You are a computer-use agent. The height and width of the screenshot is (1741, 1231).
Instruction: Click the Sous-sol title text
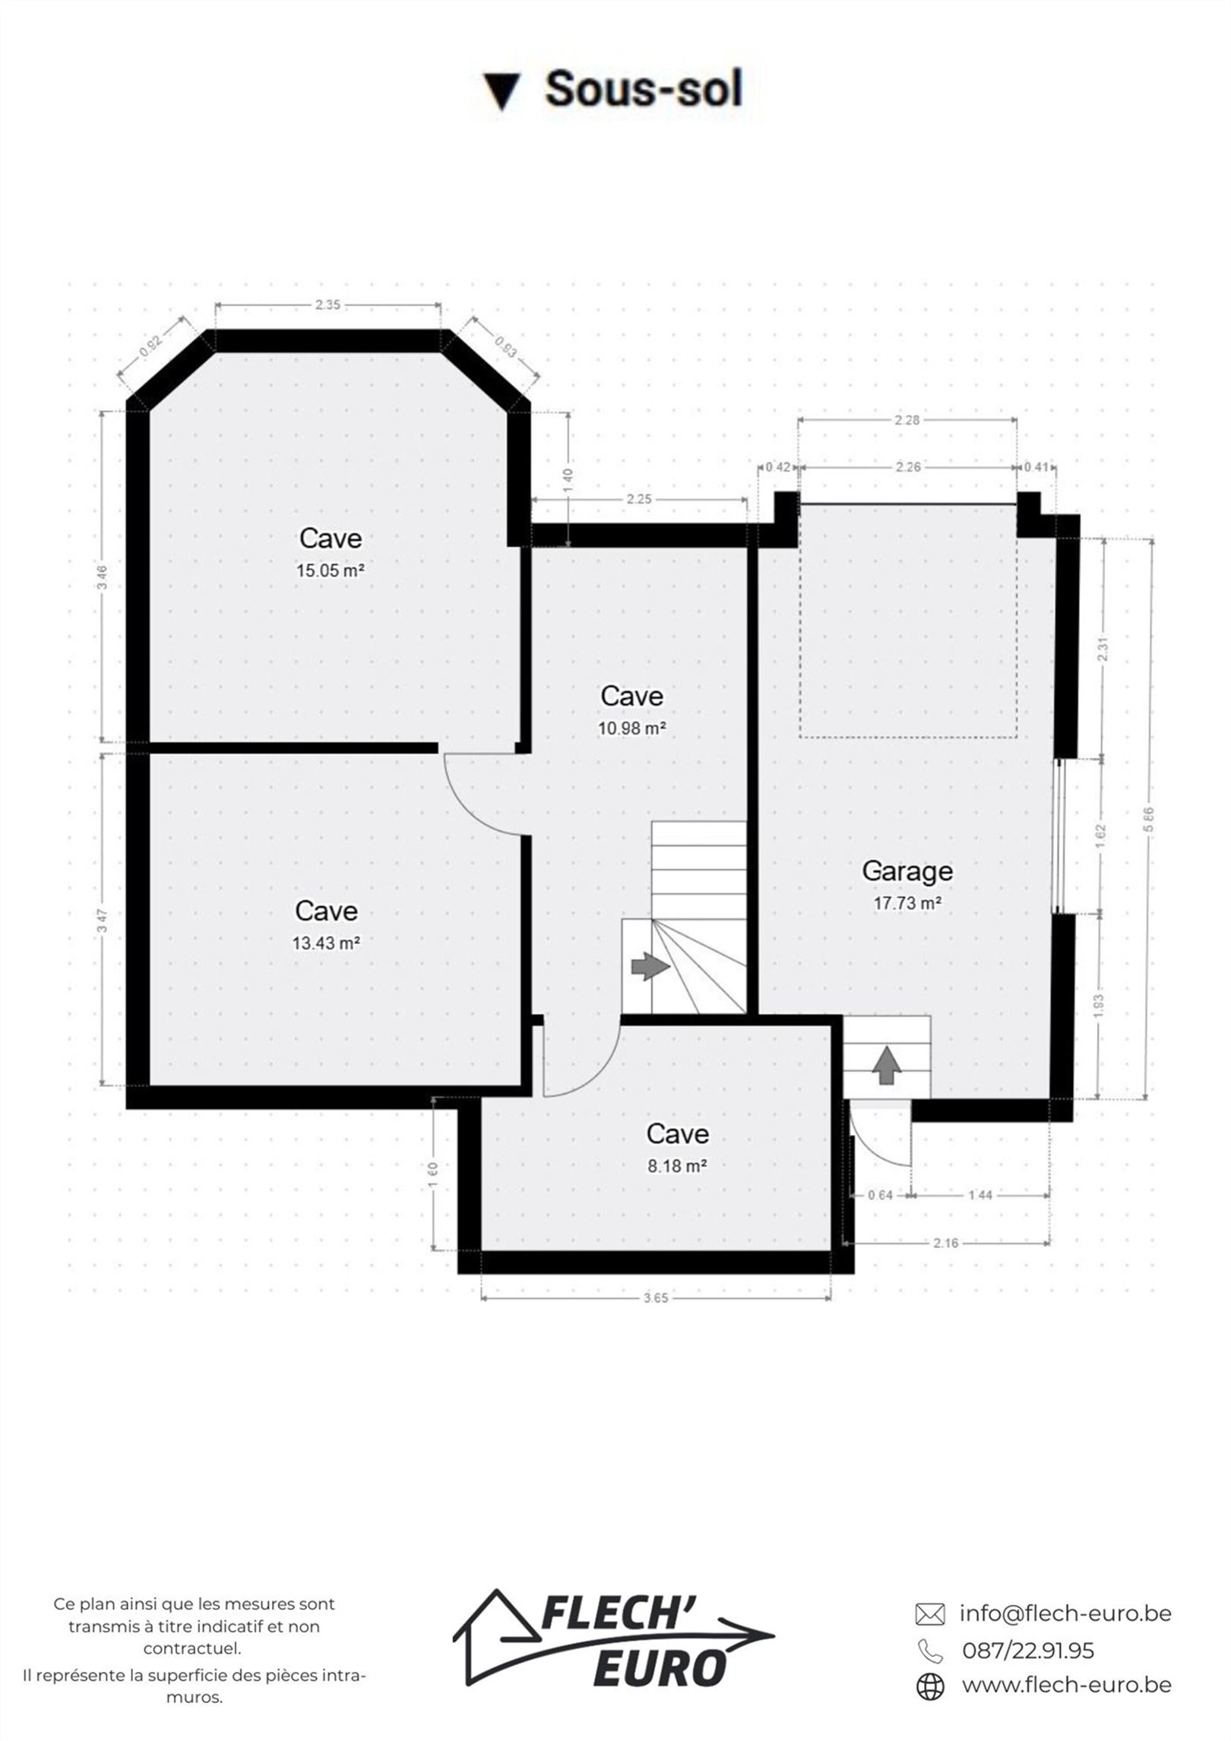[644, 89]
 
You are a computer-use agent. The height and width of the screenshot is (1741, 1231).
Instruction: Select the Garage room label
[907, 870]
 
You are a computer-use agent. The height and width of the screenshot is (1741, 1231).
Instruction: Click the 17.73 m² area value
[908, 904]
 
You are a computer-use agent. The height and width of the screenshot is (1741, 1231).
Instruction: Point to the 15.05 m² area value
[331, 570]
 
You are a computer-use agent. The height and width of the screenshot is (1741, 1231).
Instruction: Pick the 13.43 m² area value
[326, 943]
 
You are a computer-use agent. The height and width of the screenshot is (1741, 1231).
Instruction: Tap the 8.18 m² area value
[678, 1165]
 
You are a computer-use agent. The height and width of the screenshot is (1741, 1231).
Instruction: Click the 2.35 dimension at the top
[328, 305]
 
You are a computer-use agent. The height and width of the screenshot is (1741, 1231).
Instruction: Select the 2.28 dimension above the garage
[907, 420]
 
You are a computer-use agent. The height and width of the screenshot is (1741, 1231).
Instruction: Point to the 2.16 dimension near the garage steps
[946, 1243]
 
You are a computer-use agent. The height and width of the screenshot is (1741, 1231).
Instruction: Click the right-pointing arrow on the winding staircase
[650, 966]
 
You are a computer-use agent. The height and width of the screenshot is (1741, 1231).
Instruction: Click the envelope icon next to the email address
[930, 1613]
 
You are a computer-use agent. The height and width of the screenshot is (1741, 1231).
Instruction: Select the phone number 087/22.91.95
[1028, 1651]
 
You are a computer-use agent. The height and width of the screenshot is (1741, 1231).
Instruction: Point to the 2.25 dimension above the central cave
[639, 500]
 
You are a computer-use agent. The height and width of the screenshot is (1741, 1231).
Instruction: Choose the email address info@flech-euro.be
[1065, 1613]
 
